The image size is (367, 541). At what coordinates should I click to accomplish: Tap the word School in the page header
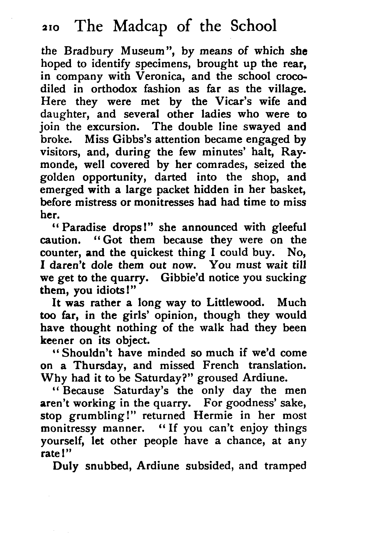click(x=254, y=26)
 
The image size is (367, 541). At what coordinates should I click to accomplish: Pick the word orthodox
click(x=114, y=89)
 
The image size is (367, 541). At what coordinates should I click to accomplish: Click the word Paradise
click(x=84, y=228)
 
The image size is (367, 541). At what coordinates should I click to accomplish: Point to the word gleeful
click(x=289, y=228)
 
